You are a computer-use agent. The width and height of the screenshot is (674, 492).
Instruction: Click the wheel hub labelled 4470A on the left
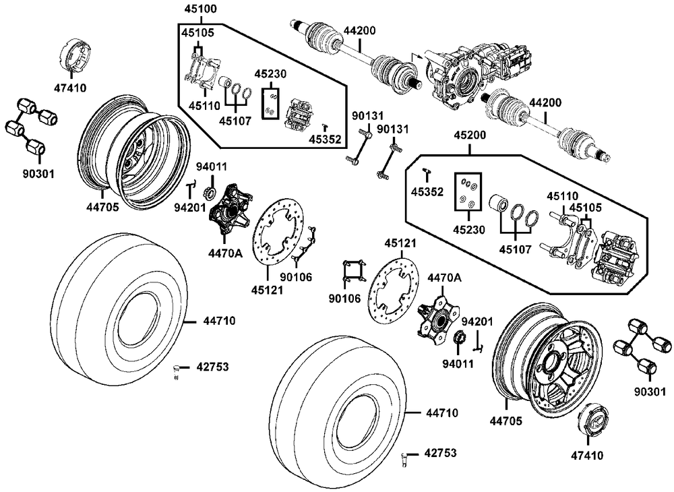230,210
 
